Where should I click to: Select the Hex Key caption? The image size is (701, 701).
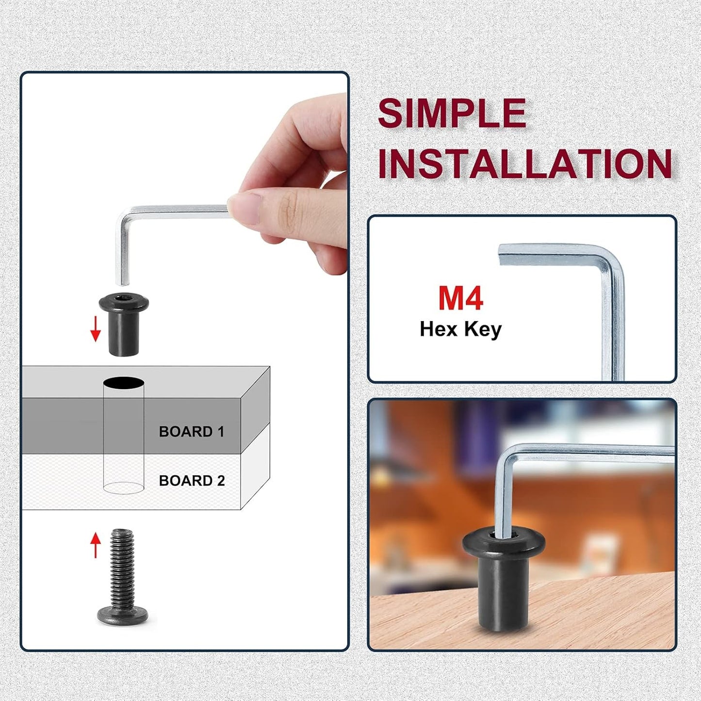tap(460, 329)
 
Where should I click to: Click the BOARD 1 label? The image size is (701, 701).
tap(191, 431)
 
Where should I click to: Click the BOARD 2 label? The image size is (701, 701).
tap(192, 481)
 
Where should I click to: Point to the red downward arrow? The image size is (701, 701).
tap(95, 329)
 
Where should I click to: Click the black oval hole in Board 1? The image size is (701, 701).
tap(123, 383)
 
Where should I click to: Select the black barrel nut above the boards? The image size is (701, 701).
tap(124, 326)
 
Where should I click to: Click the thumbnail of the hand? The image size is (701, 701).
tap(245, 208)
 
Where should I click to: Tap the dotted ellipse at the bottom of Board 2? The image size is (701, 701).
tap(123, 488)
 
